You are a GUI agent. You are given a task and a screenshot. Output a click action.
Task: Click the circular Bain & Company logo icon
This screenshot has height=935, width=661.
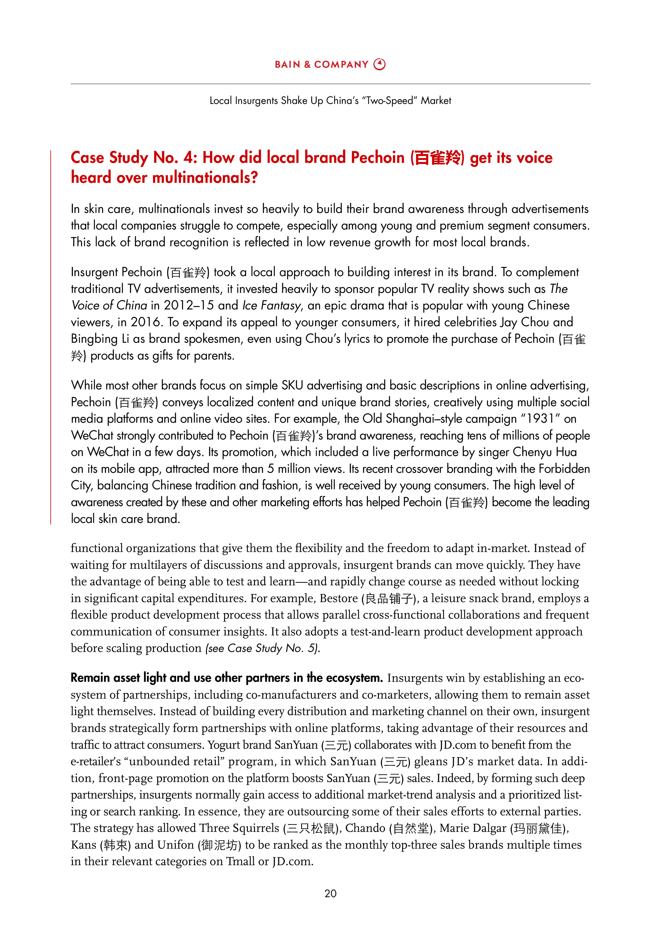[x=379, y=64]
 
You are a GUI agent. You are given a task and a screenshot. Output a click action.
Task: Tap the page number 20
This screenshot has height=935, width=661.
[x=330, y=893]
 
